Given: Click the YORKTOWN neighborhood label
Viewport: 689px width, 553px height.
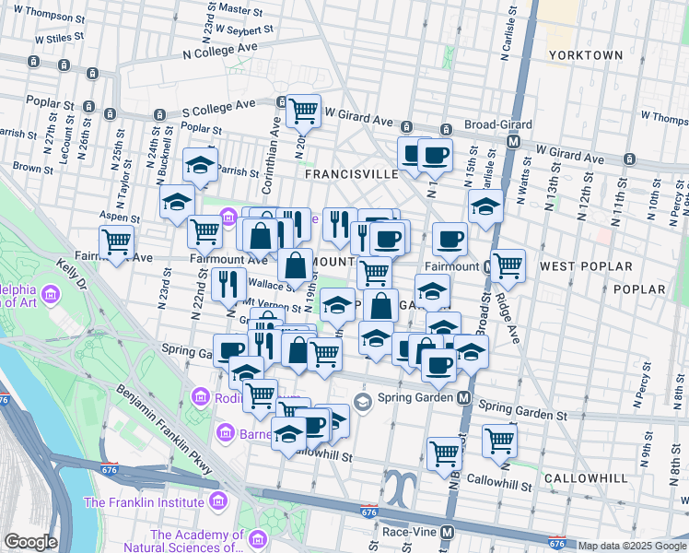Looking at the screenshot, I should click(x=586, y=55).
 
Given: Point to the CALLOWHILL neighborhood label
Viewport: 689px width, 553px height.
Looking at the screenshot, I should click(x=585, y=478).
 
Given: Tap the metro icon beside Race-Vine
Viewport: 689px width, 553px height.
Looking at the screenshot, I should click(x=447, y=533).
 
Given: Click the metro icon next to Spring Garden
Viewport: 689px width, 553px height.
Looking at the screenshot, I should click(x=465, y=398).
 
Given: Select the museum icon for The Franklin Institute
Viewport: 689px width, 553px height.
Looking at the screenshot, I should click(x=217, y=502).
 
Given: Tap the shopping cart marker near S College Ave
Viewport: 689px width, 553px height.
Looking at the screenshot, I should click(x=303, y=112).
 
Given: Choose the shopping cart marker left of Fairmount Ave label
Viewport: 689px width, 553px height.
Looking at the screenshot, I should click(x=117, y=243).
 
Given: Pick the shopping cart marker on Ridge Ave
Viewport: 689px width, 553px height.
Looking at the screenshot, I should click(x=508, y=266).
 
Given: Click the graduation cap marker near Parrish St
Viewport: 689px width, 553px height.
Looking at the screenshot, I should click(x=200, y=166).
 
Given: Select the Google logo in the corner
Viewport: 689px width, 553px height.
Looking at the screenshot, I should click(x=30, y=542).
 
